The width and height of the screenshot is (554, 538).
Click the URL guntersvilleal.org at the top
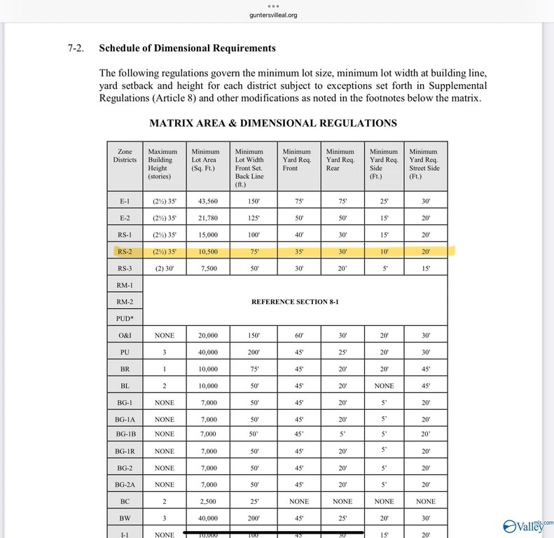[x=277, y=15]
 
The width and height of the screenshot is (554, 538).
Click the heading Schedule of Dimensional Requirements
[x=187, y=48]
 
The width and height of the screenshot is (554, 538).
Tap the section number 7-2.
[x=76, y=48]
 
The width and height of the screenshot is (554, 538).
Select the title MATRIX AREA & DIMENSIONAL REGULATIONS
[x=273, y=123]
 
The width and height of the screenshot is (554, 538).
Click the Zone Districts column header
[x=125, y=156]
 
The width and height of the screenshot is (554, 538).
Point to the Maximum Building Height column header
[x=164, y=164]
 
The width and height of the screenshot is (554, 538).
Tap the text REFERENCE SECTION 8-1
[x=295, y=302]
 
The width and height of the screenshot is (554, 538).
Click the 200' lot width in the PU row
[x=253, y=352]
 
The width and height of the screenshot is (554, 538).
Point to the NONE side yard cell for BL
[x=383, y=385]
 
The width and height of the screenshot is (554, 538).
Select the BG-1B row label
[x=125, y=434]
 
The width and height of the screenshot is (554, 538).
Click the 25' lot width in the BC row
[x=253, y=502]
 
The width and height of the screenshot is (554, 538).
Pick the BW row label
[x=125, y=518]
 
